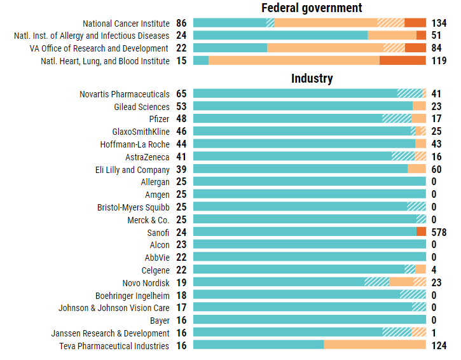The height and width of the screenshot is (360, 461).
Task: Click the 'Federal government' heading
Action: pos(312,8)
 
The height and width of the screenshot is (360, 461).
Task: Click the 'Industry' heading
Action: pos(312,79)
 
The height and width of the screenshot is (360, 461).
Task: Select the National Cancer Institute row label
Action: pos(126,24)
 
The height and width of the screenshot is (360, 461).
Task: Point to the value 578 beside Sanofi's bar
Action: pos(439,233)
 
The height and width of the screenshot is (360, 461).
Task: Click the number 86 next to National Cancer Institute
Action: pos(181,24)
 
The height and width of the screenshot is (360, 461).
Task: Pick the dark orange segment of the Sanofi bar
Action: pos(421,233)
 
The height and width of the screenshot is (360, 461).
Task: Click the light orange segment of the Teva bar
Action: pos(375,345)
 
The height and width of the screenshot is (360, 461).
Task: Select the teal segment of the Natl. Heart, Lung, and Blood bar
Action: pos(201,61)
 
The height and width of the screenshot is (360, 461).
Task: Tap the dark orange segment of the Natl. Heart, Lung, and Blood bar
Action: pos(403,61)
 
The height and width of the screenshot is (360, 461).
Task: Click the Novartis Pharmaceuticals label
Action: pos(125,95)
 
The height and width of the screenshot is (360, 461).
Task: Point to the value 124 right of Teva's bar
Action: pos(439,345)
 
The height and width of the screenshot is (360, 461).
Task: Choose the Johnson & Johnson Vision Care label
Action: pos(114,308)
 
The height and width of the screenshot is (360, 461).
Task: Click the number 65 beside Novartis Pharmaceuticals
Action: pos(181,95)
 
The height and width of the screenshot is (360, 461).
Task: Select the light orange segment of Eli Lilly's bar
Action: pos(416,170)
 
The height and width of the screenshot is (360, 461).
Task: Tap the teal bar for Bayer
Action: pos(309,321)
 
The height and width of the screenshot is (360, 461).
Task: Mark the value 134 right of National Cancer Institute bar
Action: pos(439,24)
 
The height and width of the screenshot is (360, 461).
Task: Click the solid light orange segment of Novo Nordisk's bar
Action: pos(401,283)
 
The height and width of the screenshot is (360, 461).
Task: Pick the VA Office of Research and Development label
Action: pos(99,48)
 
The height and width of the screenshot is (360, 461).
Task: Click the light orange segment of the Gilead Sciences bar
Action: pos(419,107)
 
